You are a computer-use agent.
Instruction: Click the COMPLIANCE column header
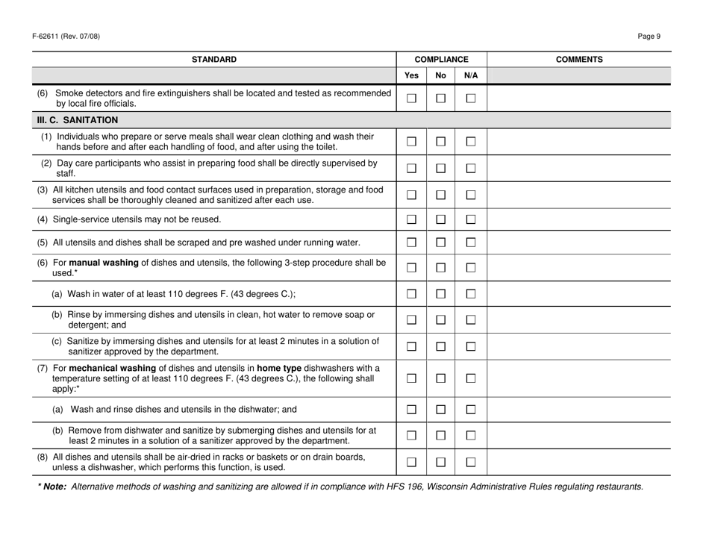click(x=441, y=58)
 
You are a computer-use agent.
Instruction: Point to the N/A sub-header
click(x=469, y=75)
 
